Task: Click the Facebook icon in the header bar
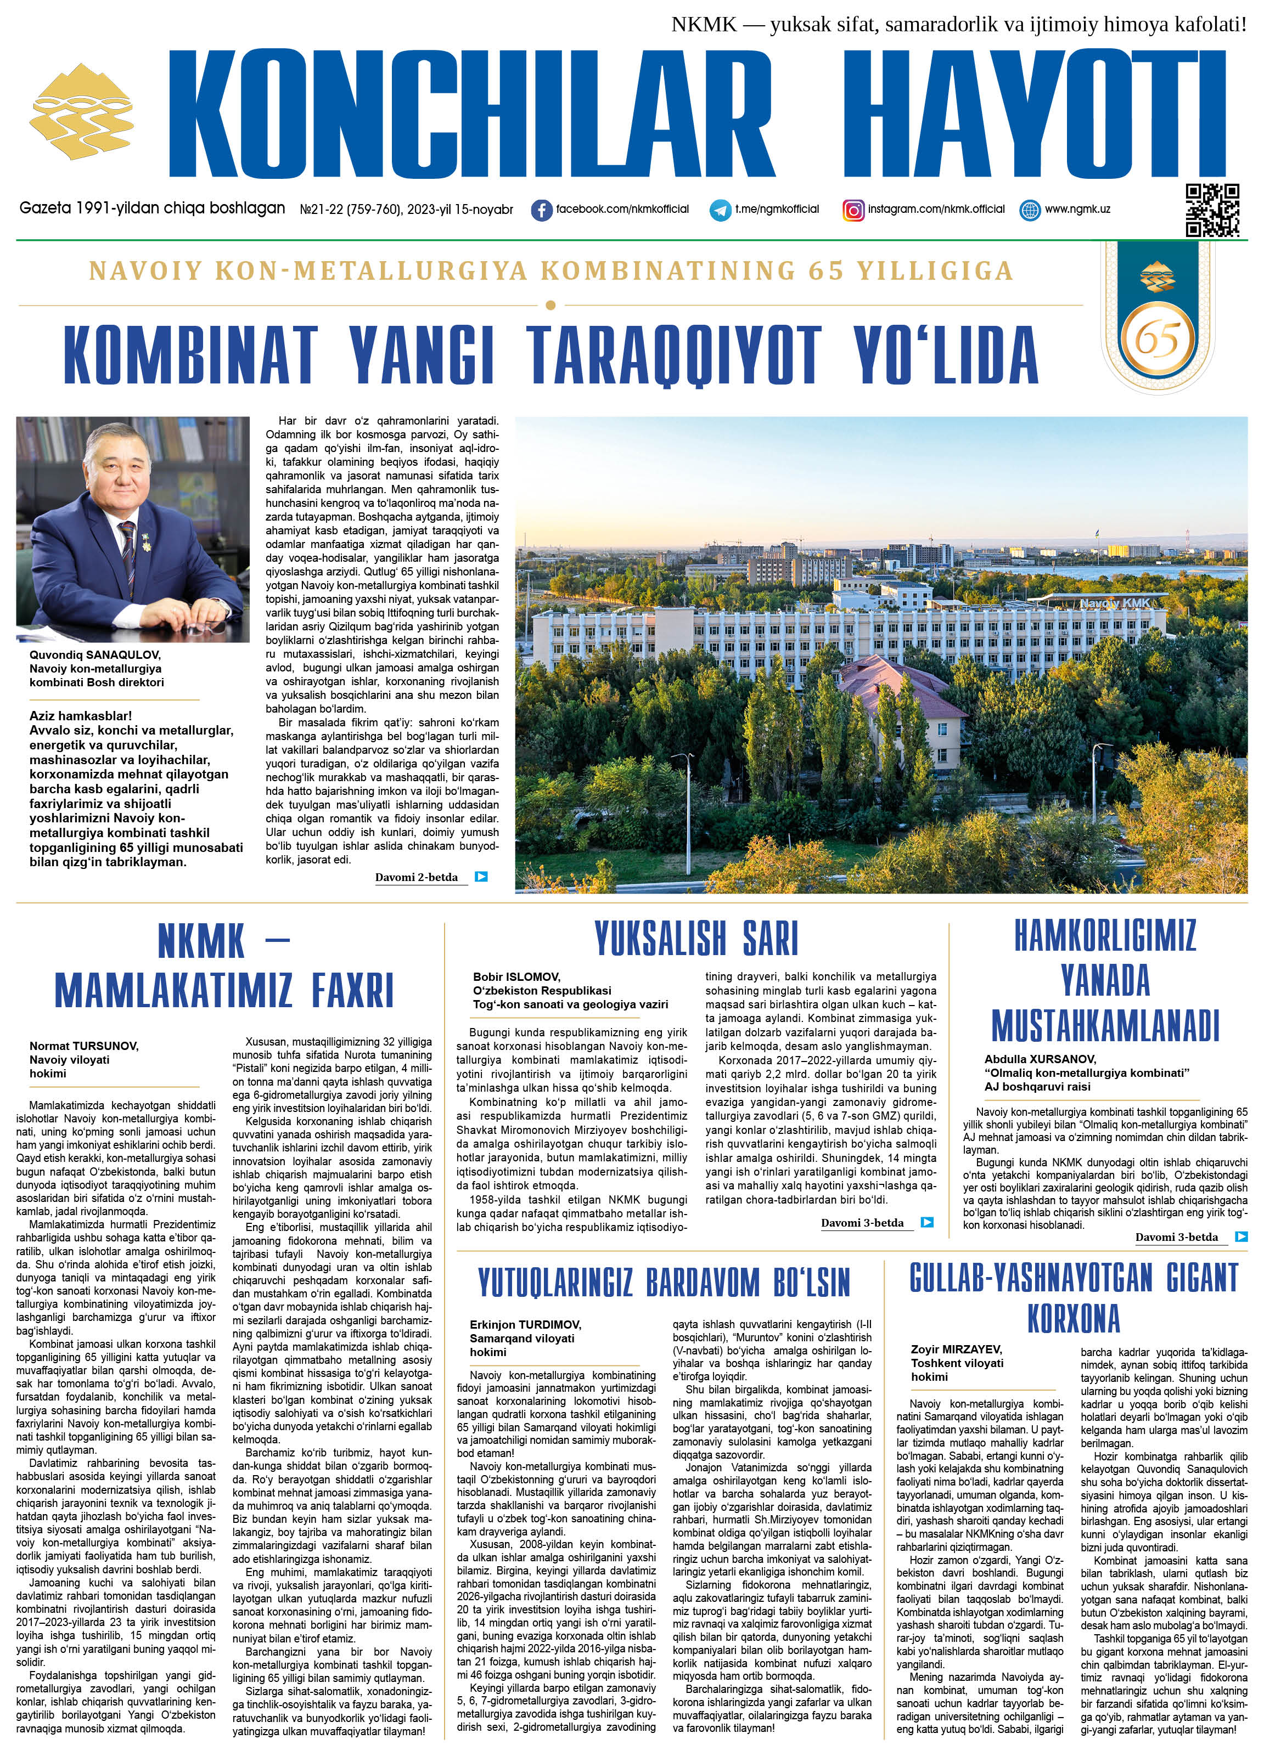pos(542,210)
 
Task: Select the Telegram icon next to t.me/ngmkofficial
pos(720,210)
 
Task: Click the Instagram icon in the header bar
pos(853,210)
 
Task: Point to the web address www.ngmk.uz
pos(1077,209)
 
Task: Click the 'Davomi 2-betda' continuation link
pos(417,877)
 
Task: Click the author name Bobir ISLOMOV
pos(516,977)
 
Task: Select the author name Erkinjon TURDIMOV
pos(525,1325)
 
